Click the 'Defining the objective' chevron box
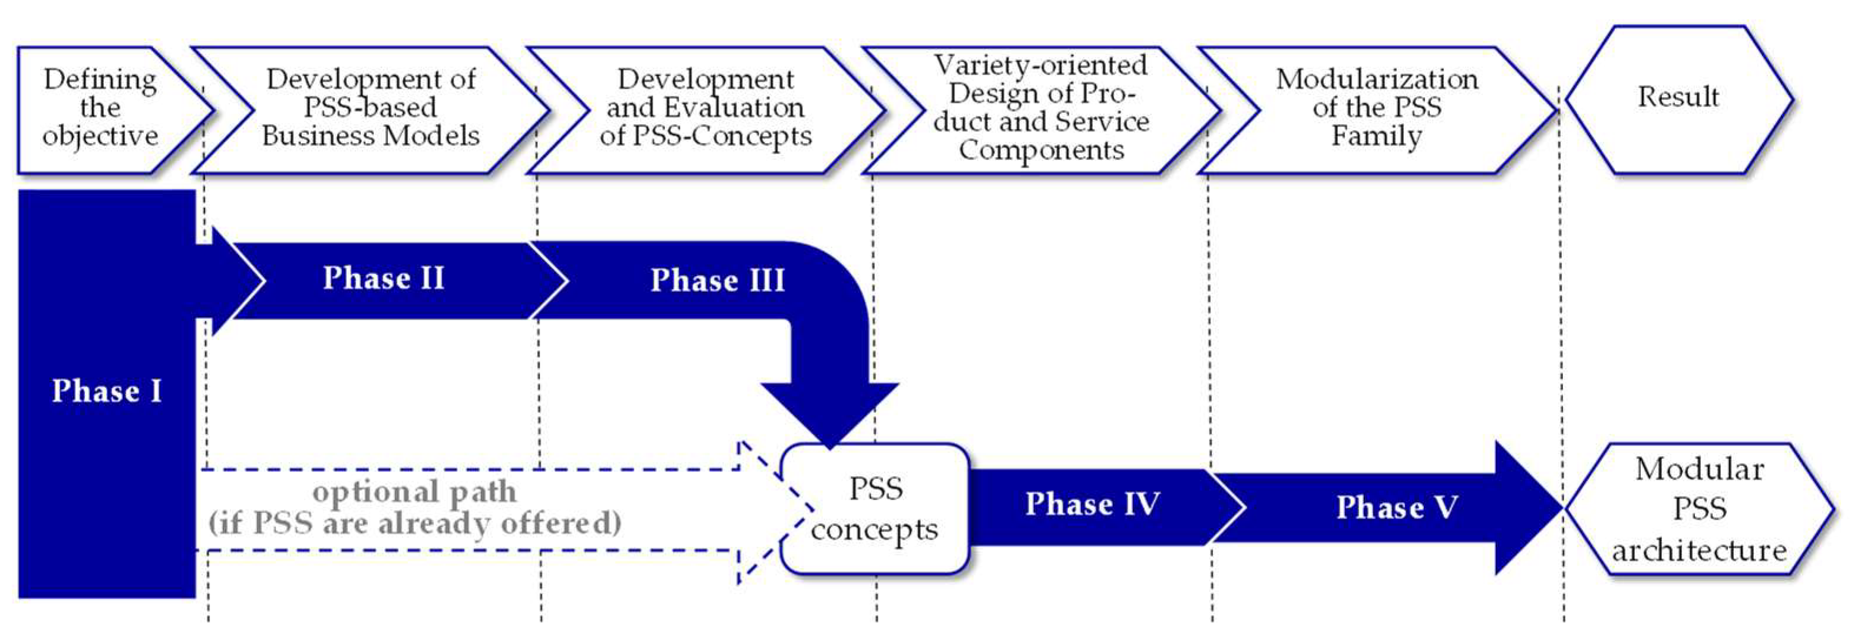coord(101,108)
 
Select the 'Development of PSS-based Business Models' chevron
coord(370,108)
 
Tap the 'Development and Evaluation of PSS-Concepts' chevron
coord(705,108)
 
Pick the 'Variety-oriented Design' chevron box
coord(1041,108)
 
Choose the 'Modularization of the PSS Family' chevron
coord(1376,108)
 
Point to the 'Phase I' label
coord(107,391)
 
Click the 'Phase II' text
coord(384,278)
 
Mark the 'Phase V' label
coord(1397,508)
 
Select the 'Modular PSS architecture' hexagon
coord(1698,509)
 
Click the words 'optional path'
coord(415,493)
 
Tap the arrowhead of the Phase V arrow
coord(1526,508)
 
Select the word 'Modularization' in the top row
coord(1377,79)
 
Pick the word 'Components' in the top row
coord(1041,150)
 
